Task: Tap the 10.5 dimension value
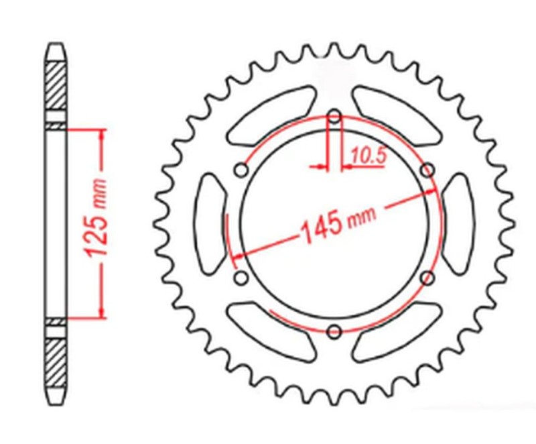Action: click(365, 156)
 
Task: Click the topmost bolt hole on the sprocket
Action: click(335, 119)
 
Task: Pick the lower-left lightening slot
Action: click(271, 333)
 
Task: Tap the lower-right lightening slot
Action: click(398, 333)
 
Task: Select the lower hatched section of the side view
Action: click(56, 363)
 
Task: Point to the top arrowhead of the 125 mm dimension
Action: click(102, 133)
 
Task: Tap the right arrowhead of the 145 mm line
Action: click(429, 194)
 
